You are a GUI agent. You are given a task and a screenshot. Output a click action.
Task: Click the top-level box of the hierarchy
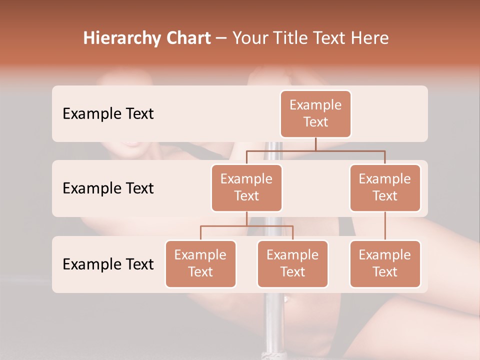pyautogui.click(x=315, y=113)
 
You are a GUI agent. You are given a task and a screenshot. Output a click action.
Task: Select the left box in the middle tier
pyautogui.click(x=246, y=187)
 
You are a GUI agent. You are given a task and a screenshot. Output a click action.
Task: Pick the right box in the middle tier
pyautogui.click(x=385, y=187)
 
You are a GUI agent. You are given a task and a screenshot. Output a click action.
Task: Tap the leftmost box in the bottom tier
pyautogui.click(x=200, y=263)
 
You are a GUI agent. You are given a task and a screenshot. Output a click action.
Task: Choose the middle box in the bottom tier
pyautogui.click(x=292, y=263)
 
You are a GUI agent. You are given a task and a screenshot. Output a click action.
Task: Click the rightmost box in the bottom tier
pyautogui.click(x=385, y=263)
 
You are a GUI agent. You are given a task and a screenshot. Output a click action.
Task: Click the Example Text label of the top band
pyautogui.click(x=108, y=114)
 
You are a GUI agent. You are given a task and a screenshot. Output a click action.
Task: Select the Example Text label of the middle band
pyautogui.click(x=108, y=188)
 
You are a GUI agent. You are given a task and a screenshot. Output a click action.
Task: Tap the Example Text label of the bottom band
pyautogui.click(x=108, y=264)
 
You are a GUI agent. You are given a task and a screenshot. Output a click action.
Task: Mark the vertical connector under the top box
pyautogui.click(x=315, y=144)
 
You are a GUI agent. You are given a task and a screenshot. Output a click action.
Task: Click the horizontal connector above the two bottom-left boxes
pyautogui.click(x=246, y=226)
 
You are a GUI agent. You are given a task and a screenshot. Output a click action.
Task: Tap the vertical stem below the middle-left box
pyautogui.click(x=246, y=218)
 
